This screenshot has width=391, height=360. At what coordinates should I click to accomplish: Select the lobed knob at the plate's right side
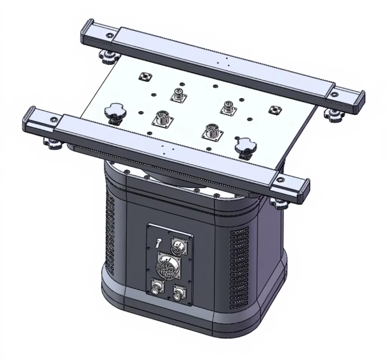[x=244, y=147]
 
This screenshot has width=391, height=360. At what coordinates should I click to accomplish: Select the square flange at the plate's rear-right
[x=275, y=109]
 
